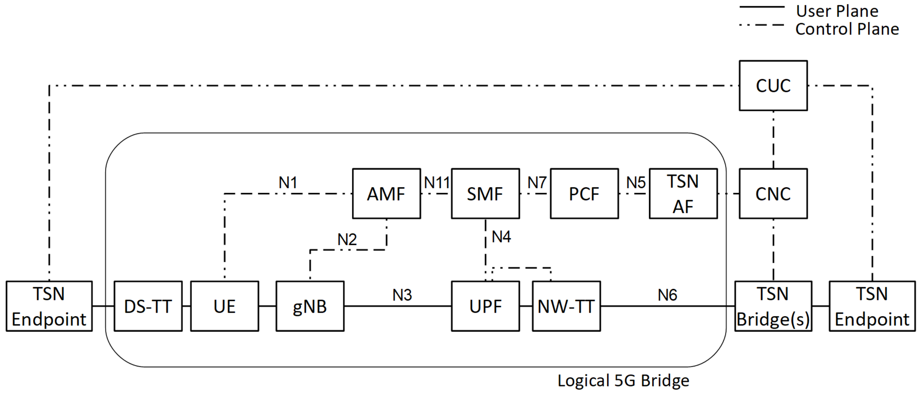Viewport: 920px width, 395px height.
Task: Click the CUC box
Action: click(x=773, y=86)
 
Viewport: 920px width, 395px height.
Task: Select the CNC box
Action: click(x=773, y=194)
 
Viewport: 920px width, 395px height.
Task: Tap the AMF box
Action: click(x=386, y=194)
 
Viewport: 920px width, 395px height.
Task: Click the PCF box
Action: click(x=584, y=194)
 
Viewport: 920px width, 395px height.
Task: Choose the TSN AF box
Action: click(x=683, y=194)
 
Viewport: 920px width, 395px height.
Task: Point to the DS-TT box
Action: click(x=148, y=306)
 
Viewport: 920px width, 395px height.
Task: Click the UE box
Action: click(x=224, y=306)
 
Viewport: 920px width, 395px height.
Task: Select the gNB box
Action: click(x=310, y=306)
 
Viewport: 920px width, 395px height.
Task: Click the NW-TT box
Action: click(x=566, y=306)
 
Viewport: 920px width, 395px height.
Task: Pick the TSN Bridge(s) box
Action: click(x=773, y=306)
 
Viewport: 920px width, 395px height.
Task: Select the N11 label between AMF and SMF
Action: click(x=437, y=183)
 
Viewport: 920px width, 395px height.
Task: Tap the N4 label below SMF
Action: click(x=501, y=237)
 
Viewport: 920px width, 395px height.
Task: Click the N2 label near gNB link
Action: click(x=347, y=239)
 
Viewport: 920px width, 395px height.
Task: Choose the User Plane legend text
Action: click(x=837, y=11)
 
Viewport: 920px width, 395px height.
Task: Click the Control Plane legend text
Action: click(x=847, y=29)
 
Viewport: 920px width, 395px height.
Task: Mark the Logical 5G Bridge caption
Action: click(x=623, y=381)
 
